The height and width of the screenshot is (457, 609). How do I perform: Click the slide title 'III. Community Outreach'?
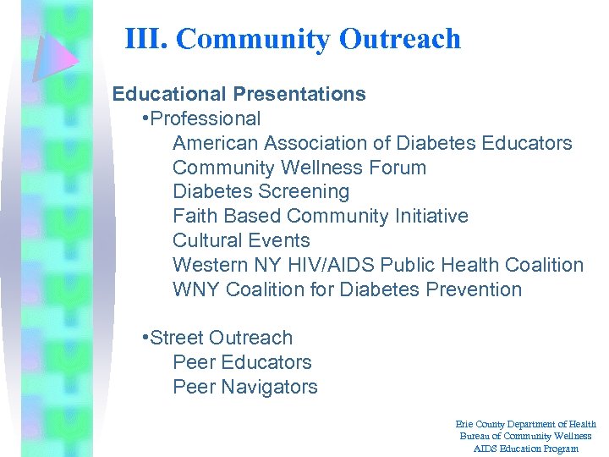point(293,39)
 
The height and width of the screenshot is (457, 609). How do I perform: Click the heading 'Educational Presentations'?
point(239,94)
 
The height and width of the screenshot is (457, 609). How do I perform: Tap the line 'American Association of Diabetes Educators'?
point(372,143)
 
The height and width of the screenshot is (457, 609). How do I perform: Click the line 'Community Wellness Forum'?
point(299,168)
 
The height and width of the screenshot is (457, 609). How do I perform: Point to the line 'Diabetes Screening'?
point(261,192)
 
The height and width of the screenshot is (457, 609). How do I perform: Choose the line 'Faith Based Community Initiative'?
point(320,217)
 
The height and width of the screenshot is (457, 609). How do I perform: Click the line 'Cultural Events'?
point(241,240)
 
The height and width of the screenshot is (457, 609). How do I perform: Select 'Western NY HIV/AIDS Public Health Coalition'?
point(378,265)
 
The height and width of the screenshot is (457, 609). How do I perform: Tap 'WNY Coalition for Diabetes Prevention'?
point(347,289)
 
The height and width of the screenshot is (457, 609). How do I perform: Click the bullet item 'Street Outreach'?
point(221,338)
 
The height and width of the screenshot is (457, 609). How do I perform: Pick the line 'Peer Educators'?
point(242,362)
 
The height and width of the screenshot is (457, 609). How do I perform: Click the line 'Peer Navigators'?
point(245,387)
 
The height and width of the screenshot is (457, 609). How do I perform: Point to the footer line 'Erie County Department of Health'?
point(525,424)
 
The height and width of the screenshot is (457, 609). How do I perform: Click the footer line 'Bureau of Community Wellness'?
point(525,436)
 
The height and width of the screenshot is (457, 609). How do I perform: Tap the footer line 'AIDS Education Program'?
point(525,448)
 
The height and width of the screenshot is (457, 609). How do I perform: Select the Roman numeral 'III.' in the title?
point(146,39)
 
